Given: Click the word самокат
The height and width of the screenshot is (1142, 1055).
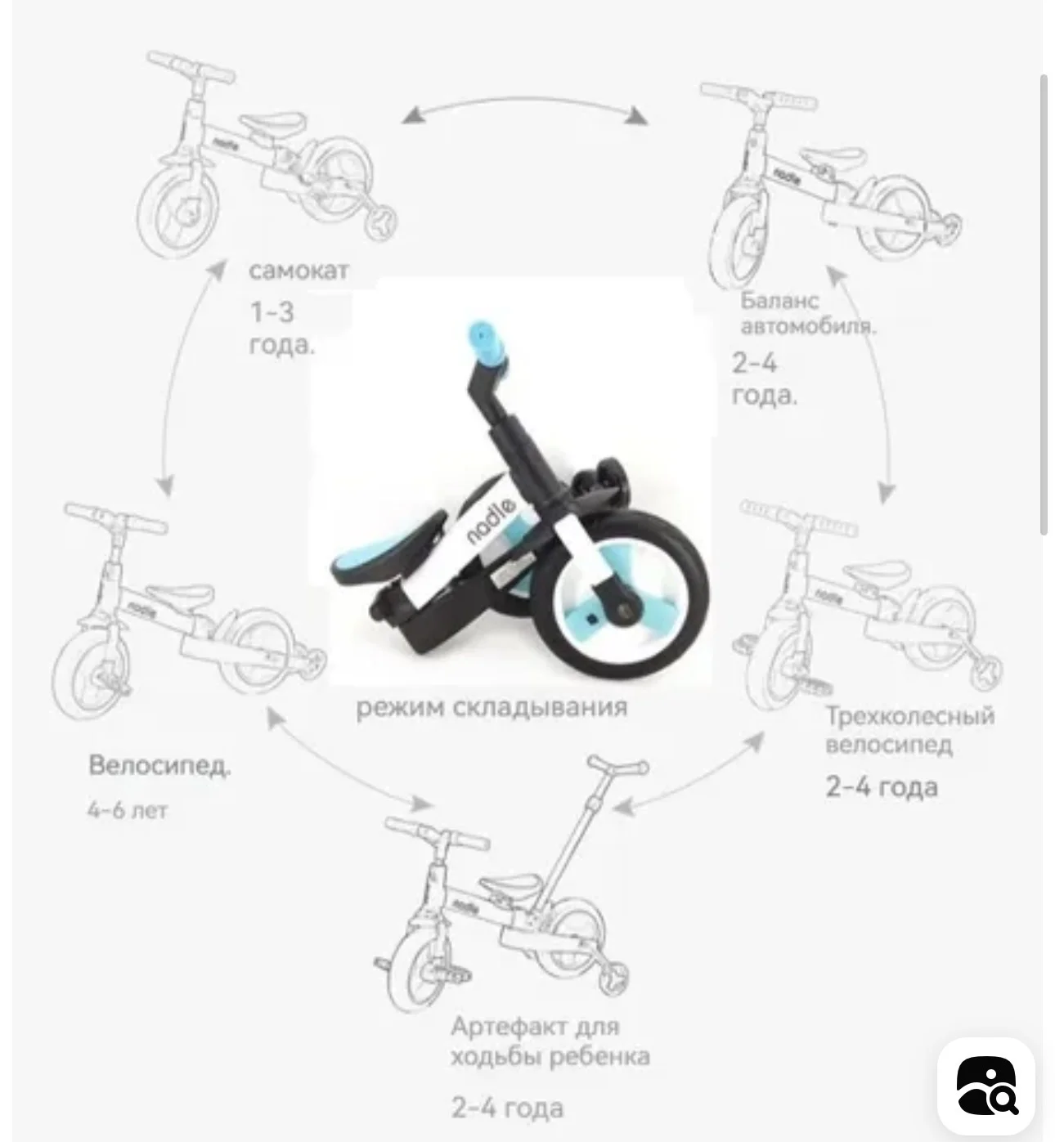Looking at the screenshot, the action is tap(299, 271).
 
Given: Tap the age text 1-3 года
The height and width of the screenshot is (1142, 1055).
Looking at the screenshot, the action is tap(282, 328).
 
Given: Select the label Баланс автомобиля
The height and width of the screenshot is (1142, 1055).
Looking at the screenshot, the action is tap(807, 313).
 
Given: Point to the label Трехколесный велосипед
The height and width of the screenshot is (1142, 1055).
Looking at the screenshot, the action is tap(910, 730).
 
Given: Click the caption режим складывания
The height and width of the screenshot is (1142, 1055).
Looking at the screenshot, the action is tap(492, 708).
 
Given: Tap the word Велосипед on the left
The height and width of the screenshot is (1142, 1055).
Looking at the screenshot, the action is tap(159, 765).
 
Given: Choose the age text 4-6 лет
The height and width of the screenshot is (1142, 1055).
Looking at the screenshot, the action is tap(128, 810).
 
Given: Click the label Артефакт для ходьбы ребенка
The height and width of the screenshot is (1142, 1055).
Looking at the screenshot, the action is tap(550, 1041).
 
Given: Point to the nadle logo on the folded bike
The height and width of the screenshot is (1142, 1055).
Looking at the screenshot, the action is tap(491, 522).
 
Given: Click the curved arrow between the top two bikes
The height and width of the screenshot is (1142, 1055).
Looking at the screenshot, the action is tap(525, 100).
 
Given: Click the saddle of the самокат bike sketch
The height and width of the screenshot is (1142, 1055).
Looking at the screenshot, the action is tap(273, 123).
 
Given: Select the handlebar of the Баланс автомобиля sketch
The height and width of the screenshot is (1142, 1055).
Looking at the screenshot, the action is tap(758, 96).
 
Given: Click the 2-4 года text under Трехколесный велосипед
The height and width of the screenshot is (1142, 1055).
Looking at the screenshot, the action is tap(882, 787).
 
